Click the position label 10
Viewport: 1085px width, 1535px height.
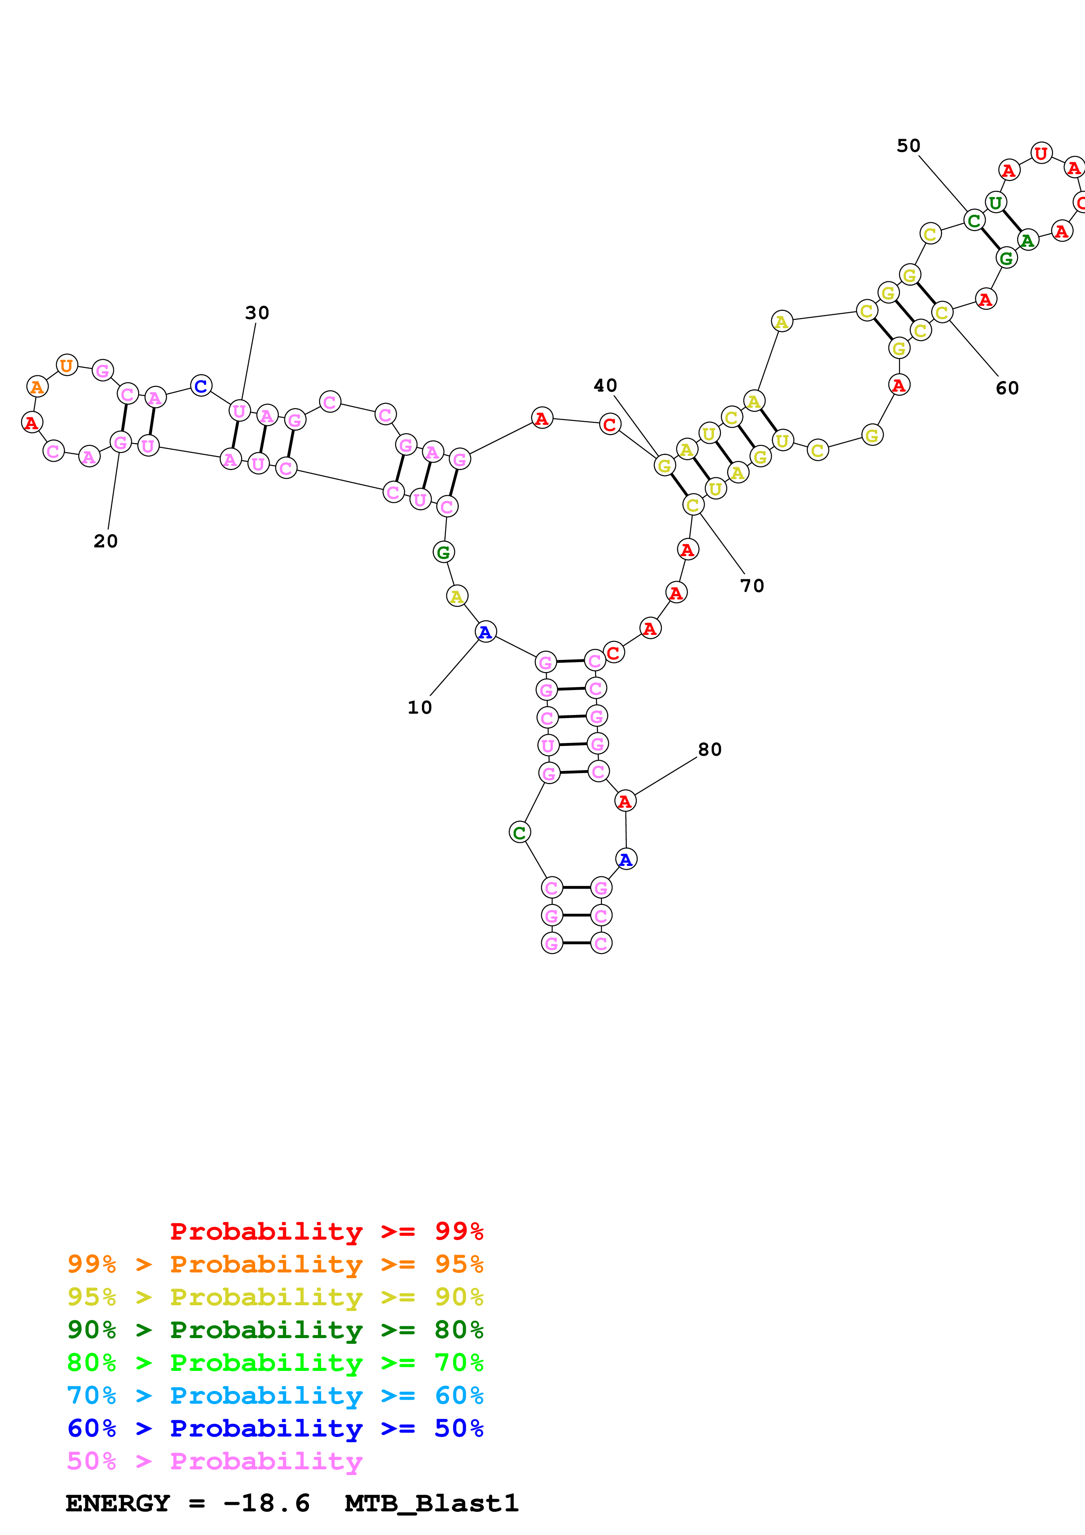point(420,707)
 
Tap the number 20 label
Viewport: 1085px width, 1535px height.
point(105,541)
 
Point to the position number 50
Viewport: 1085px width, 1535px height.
point(909,146)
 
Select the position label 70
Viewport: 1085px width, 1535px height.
point(752,585)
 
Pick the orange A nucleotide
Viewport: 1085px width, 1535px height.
point(38,386)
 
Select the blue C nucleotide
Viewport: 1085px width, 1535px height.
point(201,386)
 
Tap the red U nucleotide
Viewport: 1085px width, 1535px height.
point(1041,153)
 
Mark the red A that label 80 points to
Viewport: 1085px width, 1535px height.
point(625,801)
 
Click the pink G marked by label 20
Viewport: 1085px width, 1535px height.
point(120,442)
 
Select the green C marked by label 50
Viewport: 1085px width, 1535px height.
point(974,220)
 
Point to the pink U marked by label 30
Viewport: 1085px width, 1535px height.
point(239,410)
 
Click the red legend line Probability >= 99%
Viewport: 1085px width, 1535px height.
point(326,1231)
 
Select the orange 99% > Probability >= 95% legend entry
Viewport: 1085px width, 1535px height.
point(275,1264)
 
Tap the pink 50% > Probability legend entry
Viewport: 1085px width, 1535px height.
point(214,1461)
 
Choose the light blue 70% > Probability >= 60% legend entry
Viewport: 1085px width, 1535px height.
point(275,1395)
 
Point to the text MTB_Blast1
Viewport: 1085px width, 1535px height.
point(431,1503)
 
